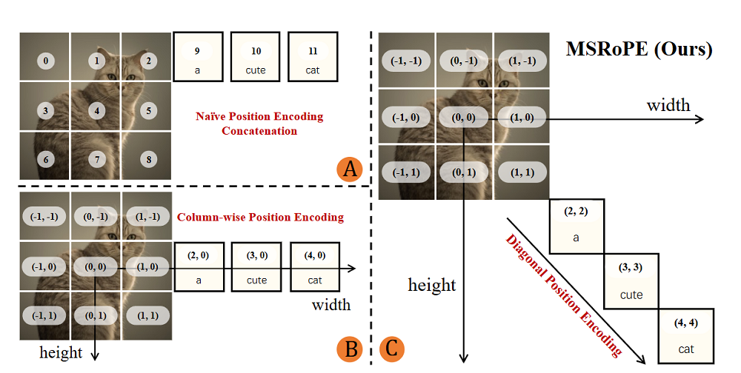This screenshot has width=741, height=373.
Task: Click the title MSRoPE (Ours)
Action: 639,50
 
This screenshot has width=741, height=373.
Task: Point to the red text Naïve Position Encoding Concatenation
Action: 259,124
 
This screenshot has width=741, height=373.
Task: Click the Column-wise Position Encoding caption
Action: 260,217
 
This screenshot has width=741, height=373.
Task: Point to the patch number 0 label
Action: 46,61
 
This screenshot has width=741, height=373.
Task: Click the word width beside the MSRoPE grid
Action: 668,105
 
